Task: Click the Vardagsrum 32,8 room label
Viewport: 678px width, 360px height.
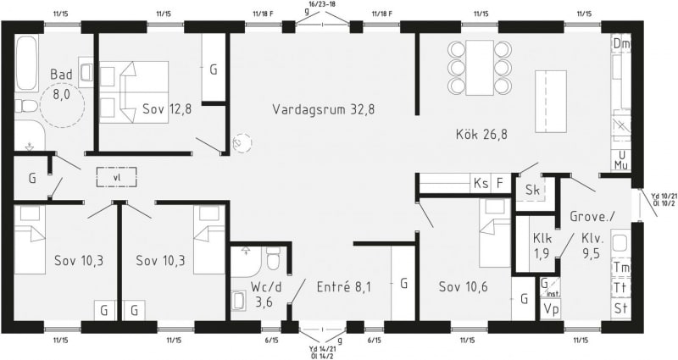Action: (324, 109)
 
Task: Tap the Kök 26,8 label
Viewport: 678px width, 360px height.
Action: (481, 134)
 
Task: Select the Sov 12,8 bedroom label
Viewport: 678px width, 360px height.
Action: (167, 109)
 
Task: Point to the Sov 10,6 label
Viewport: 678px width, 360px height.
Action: (463, 286)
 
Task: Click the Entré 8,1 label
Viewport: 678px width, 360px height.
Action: (344, 286)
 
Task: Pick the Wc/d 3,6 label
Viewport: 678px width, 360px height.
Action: (264, 294)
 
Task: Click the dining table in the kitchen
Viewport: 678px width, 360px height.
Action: (480, 68)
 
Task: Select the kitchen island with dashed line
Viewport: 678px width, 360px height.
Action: (550, 102)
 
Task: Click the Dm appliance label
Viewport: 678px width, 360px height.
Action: (621, 44)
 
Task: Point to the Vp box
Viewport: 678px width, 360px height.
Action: (550, 309)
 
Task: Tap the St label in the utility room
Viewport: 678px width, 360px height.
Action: (621, 309)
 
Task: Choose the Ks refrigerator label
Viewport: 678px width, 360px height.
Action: (481, 183)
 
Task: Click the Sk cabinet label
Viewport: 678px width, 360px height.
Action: (533, 189)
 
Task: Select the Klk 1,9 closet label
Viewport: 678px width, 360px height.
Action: (542, 246)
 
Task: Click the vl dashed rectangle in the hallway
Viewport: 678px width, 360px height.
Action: (116, 177)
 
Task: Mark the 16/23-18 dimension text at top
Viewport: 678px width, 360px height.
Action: (323, 4)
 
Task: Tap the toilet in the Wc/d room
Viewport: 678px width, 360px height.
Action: (273, 258)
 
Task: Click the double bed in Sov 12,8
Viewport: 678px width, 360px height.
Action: (134, 92)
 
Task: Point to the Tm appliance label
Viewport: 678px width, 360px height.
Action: (621, 268)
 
